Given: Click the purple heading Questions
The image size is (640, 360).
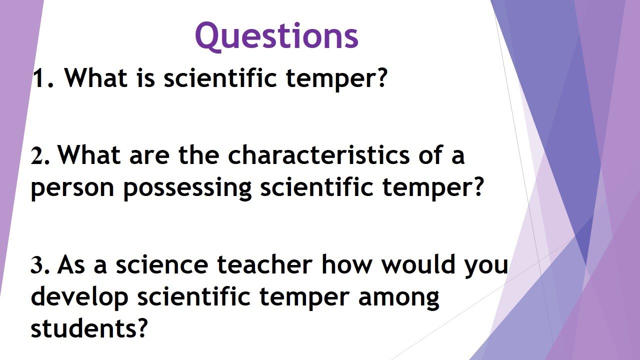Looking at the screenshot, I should [276, 36].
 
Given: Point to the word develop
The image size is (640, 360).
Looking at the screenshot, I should [79, 298].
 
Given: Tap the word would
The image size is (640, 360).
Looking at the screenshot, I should [418, 264].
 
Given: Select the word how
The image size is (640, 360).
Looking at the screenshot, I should [346, 264].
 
